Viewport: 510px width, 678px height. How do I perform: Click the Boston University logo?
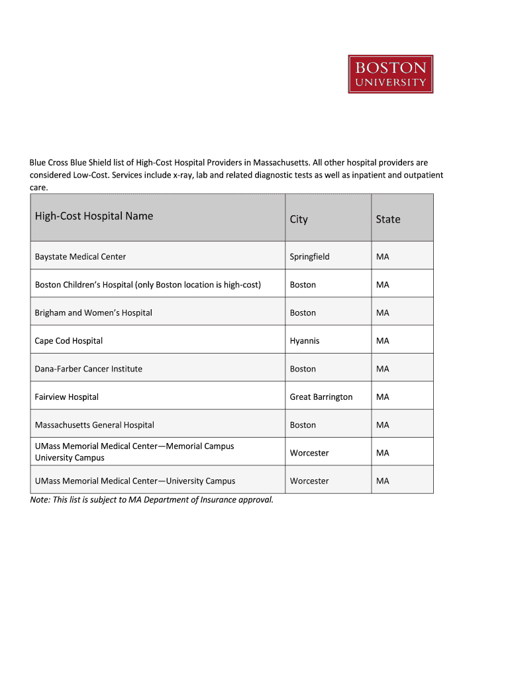(x=391, y=74)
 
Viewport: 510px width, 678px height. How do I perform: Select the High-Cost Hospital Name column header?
(x=94, y=216)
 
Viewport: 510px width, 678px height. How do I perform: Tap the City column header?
(x=299, y=219)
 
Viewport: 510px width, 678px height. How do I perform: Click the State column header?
(x=388, y=219)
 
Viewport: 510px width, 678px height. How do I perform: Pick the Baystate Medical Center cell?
(x=80, y=256)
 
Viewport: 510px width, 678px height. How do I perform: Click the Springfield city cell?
(x=309, y=256)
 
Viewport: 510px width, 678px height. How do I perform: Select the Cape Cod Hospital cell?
(x=69, y=341)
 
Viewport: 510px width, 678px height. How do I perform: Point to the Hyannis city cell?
(x=305, y=341)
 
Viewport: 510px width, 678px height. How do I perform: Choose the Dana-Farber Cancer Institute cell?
(x=89, y=369)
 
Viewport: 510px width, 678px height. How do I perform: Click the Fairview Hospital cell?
(x=67, y=397)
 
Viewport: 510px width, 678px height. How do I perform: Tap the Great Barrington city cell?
(x=321, y=397)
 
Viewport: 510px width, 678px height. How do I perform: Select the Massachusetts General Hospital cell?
(x=95, y=425)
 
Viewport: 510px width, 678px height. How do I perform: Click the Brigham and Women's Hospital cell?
(x=93, y=313)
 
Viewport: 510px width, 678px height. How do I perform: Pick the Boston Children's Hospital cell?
(x=148, y=285)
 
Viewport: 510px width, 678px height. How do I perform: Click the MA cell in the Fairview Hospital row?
(x=383, y=397)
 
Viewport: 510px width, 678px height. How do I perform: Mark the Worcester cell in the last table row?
(x=309, y=481)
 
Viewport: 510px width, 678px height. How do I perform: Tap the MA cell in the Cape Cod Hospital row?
(x=383, y=341)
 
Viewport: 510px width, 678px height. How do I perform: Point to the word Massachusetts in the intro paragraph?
(x=277, y=162)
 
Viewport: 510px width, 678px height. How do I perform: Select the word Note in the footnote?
(x=40, y=500)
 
